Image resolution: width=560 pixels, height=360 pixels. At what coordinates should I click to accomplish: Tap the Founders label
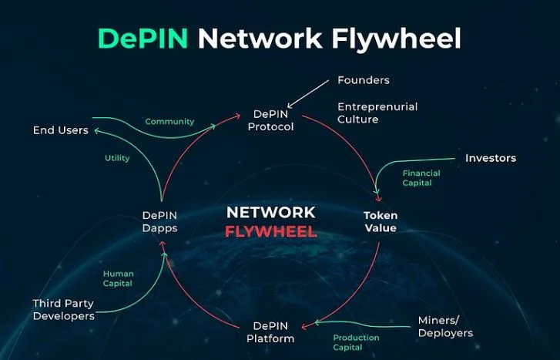(364, 80)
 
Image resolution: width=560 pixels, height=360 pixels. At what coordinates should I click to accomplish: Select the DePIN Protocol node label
(270, 120)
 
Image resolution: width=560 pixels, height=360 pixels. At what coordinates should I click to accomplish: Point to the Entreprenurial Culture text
(377, 113)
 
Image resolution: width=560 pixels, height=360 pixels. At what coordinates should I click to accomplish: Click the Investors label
(491, 158)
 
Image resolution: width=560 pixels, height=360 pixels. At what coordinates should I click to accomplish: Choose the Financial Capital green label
(421, 179)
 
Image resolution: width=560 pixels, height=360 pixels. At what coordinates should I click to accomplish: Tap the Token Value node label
(380, 222)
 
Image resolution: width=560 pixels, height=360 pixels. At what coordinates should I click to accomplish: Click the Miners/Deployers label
(445, 326)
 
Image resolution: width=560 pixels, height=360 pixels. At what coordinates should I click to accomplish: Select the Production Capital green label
(356, 343)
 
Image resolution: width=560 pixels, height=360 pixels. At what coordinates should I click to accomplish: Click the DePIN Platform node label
(270, 332)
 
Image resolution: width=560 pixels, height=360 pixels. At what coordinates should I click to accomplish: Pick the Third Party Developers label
(63, 309)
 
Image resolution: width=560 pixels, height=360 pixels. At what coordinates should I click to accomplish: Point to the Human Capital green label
(118, 278)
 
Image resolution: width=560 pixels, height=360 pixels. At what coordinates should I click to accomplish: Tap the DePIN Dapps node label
(160, 222)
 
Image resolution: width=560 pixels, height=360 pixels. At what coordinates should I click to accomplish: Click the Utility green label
(117, 158)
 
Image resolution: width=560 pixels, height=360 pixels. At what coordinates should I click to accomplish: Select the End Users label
(60, 130)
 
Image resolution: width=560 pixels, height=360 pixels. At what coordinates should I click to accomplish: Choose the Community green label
(169, 122)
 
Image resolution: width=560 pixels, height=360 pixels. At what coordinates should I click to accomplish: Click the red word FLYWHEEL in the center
(270, 232)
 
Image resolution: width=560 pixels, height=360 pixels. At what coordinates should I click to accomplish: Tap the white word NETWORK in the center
(270, 212)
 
